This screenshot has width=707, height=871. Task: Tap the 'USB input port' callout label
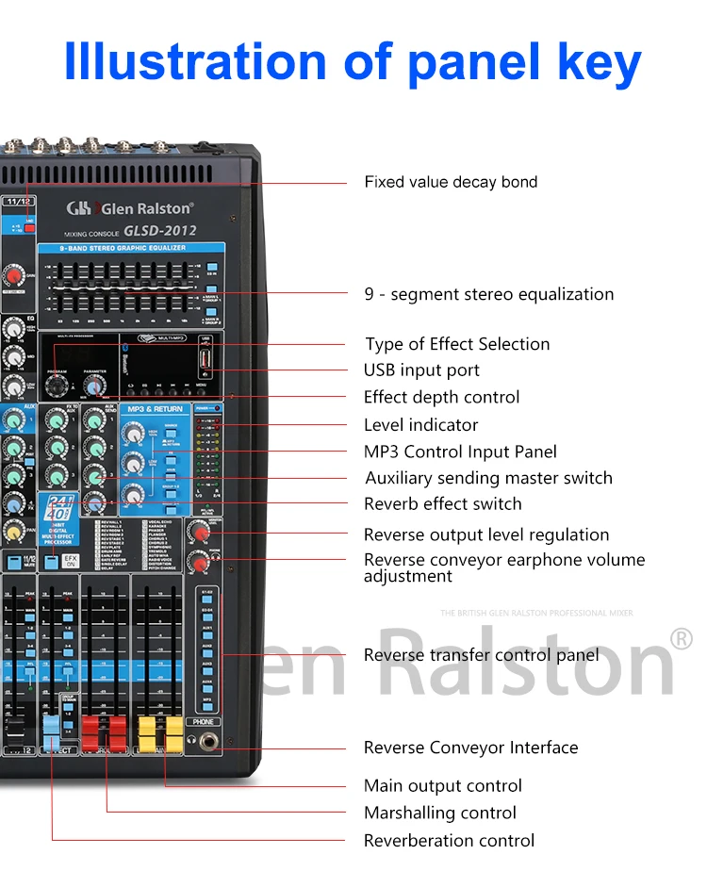(x=421, y=370)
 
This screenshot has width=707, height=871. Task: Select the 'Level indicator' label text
(x=420, y=425)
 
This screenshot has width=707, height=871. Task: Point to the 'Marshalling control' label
(x=440, y=813)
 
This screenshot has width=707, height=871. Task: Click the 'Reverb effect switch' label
(x=442, y=504)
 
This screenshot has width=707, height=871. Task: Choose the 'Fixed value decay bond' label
(x=451, y=182)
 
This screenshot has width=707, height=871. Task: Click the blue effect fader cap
(x=51, y=727)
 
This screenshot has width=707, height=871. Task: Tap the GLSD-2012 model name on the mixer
(x=159, y=231)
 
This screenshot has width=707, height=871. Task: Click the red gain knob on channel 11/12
(x=12, y=275)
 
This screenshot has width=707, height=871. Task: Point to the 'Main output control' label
(x=442, y=786)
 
